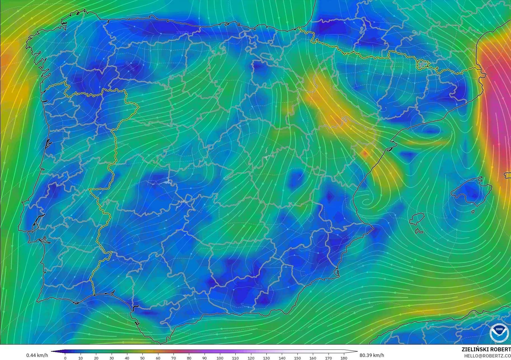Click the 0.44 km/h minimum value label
[37, 355]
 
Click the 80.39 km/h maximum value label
[372, 355]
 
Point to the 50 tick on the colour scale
[142, 358]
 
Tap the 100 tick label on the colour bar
[220, 358]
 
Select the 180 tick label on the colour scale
[344, 358]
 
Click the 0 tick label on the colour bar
[65, 358]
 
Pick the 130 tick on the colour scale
[266, 358]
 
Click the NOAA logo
[499, 333]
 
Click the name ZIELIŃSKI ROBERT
[486, 349]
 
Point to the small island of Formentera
[419, 231]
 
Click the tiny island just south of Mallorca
[473, 211]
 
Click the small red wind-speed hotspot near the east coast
[365, 153]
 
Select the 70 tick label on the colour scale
[174, 358]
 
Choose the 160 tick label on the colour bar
[313, 358]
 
